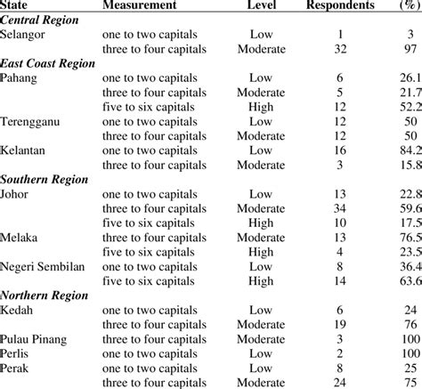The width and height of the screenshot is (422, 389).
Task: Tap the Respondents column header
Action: (x=340, y=5)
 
